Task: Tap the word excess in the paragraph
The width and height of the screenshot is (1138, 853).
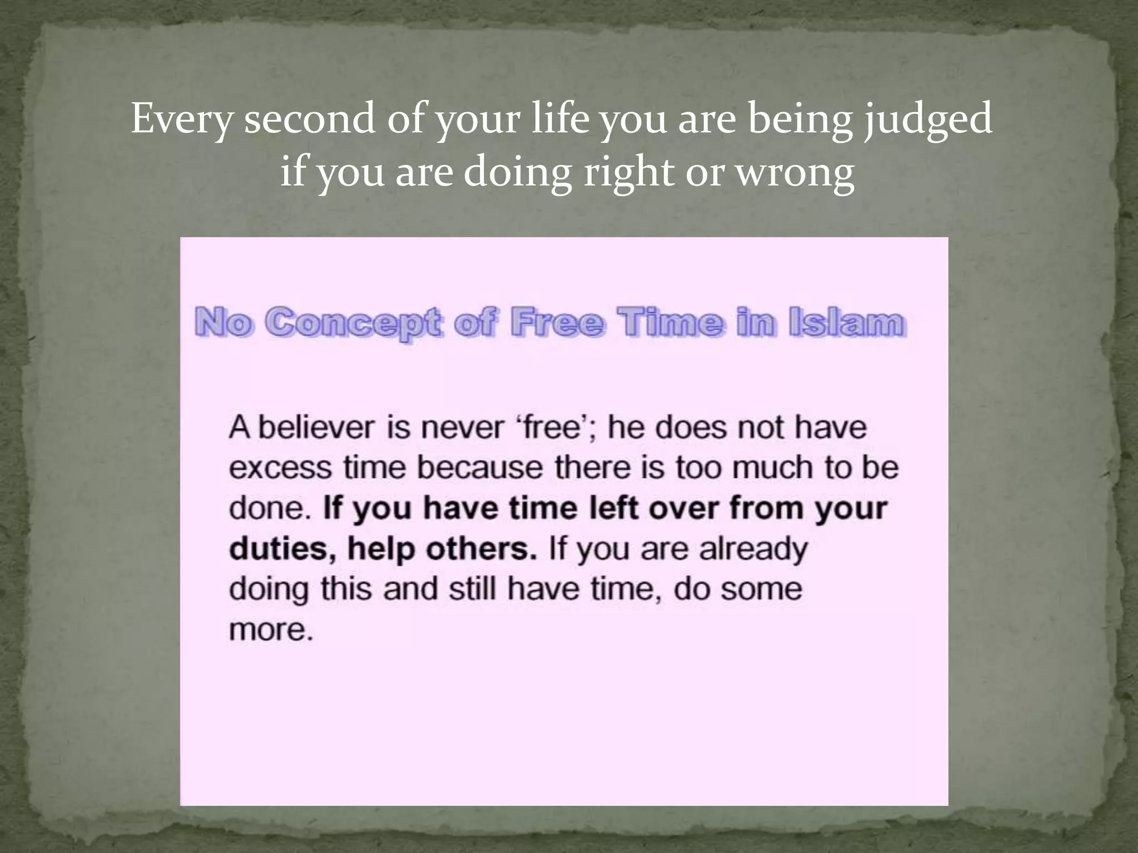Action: (x=281, y=468)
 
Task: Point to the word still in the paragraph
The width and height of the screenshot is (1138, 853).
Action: (x=472, y=589)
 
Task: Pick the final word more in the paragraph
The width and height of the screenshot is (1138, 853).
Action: (x=271, y=630)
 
